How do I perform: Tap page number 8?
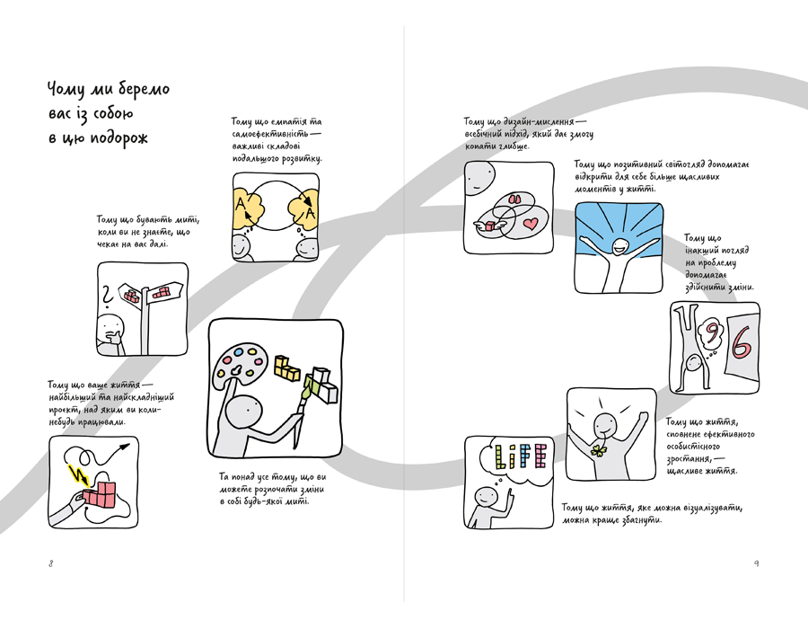51,563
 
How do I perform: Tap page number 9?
756,563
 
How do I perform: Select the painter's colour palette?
238,365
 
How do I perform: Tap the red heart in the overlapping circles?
530,221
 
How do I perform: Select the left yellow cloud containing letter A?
246,206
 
